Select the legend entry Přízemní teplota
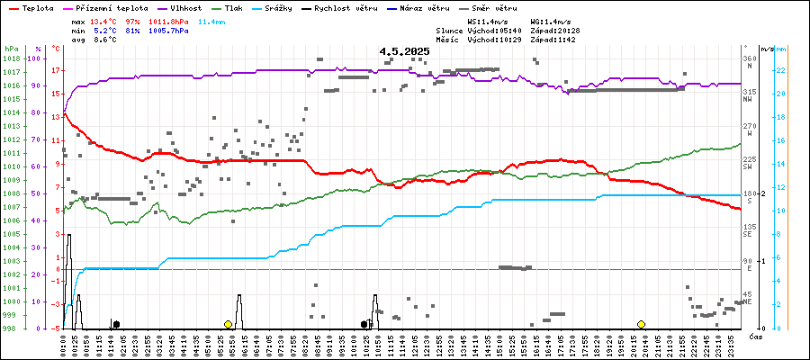(111, 7)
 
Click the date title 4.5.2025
(404, 51)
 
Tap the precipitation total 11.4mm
(212, 21)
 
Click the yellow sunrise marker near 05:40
(229, 324)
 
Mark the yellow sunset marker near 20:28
(641, 324)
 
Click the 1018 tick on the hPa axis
(11, 58)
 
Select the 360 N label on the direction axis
(748, 61)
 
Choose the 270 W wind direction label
(748, 129)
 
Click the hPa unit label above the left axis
(11, 48)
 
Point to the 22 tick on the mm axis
(781, 70)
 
